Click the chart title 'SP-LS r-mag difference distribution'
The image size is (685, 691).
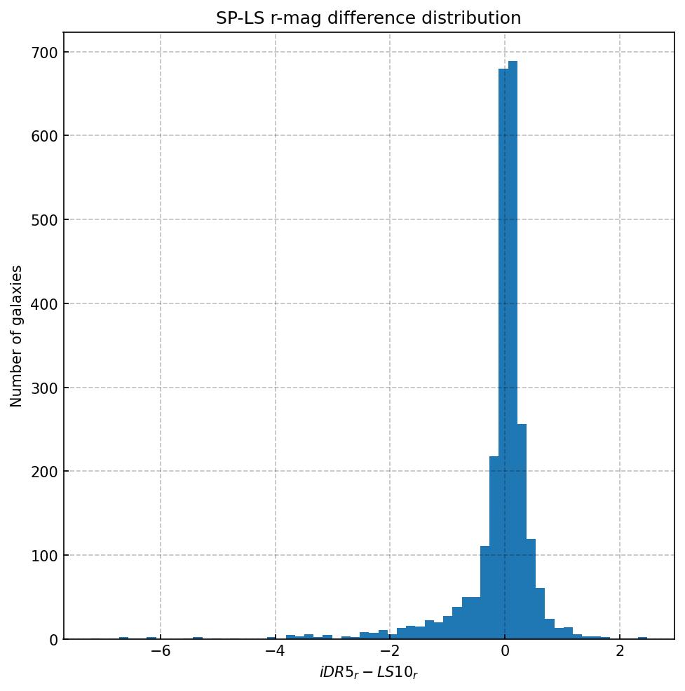point(369,18)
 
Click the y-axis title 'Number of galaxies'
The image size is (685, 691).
point(16,336)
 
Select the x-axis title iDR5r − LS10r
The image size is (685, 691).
point(369,673)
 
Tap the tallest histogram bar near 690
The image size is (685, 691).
point(513,350)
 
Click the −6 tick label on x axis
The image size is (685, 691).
point(161,652)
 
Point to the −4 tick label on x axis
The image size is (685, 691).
point(275,652)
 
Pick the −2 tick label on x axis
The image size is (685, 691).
point(390,652)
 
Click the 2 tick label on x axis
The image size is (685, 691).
point(620,652)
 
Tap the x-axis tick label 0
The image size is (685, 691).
point(505,652)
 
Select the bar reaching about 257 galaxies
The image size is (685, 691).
point(522,533)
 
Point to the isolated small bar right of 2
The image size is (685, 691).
point(642,638)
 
